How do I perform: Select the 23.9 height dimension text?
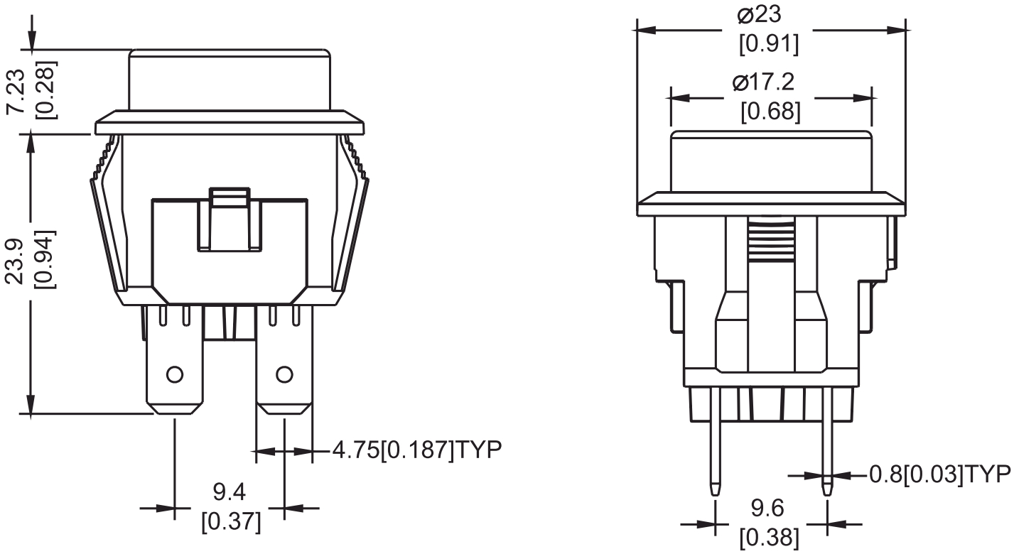tap(18, 261)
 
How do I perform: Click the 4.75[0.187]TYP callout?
tap(418, 450)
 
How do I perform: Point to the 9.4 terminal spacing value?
tap(230, 491)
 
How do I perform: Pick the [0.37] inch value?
tap(231, 522)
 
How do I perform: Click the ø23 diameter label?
tap(770, 14)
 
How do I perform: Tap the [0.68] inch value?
tap(771, 112)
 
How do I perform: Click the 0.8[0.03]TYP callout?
tap(940, 474)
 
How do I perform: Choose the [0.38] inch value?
tap(770, 538)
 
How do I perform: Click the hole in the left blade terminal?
tap(174, 373)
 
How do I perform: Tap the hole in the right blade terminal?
tap(284, 373)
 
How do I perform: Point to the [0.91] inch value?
tap(770, 44)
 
